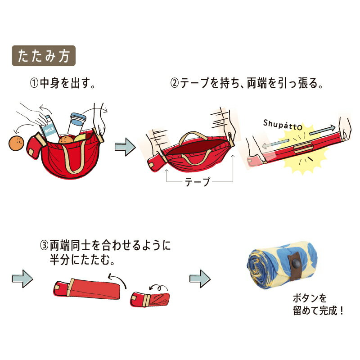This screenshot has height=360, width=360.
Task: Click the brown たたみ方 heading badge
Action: point(44,56)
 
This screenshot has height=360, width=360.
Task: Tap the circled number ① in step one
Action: point(34,83)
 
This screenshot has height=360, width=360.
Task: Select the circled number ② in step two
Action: point(175,83)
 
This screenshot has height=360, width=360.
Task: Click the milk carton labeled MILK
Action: point(49,129)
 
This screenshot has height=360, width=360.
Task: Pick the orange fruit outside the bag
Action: point(16,143)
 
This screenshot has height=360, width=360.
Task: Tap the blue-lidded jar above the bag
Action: point(77,124)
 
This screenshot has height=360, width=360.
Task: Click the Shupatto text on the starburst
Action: point(283,125)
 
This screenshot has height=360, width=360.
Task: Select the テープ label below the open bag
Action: point(198,182)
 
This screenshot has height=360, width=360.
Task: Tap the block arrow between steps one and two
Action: point(125,147)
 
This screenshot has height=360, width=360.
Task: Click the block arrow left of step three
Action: point(22,279)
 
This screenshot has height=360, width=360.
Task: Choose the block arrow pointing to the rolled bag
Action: point(200,279)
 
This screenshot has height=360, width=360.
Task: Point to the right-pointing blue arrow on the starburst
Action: point(323,130)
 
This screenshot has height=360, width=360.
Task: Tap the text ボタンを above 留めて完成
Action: point(310,298)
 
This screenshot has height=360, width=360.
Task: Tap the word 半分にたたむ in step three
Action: point(82,260)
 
